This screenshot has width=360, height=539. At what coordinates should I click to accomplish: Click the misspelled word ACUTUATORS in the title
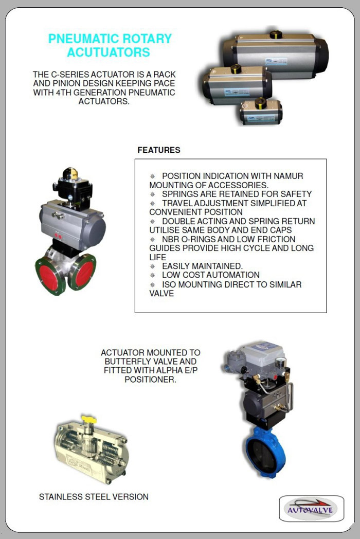pyautogui.click(x=109, y=52)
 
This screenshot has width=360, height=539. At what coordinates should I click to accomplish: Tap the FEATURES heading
pyautogui.click(x=159, y=150)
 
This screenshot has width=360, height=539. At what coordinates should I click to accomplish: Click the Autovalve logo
pyautogui.click(x=312, y=509)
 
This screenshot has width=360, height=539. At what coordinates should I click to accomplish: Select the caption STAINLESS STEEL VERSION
pyautogui.click(x=94, y=497)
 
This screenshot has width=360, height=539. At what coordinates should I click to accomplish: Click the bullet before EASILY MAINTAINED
pyautogui.click(x=152, y=266)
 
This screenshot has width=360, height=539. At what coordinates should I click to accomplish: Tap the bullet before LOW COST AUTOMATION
pyautogui.click(x=152, y=275)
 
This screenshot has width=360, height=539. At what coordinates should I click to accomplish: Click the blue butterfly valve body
pyautogui.click(x=265, y=452)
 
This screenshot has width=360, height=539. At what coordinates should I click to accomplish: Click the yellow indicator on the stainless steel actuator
pyautogui.click(x=89, y=419)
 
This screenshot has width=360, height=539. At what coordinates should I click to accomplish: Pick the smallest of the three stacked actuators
pyautogui.click(x=261, y=112)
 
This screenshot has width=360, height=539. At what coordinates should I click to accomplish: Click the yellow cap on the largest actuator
pyautogui.click(x=276, y=35)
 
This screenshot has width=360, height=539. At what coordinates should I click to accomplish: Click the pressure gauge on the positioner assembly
pyautogui.click(x=281, y=362)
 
